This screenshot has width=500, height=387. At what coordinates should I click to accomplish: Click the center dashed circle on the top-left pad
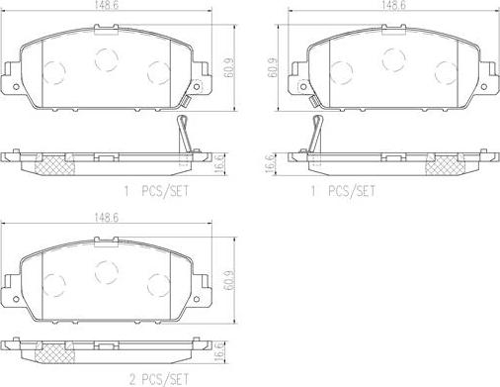[106, 59]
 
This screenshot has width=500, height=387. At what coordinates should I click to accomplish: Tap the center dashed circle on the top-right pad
[392, 59]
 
